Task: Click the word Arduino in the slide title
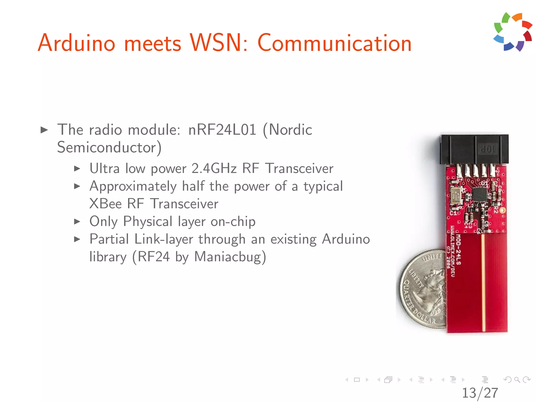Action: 76,43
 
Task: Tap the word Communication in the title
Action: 334,43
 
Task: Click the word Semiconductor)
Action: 109,147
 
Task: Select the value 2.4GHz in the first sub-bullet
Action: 214,168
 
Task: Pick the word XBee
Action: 105,204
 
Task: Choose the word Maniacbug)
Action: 230,257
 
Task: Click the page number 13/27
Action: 480,393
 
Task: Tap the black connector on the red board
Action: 474,149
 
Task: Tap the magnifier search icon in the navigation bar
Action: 517,379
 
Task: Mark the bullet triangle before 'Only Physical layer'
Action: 77,222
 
